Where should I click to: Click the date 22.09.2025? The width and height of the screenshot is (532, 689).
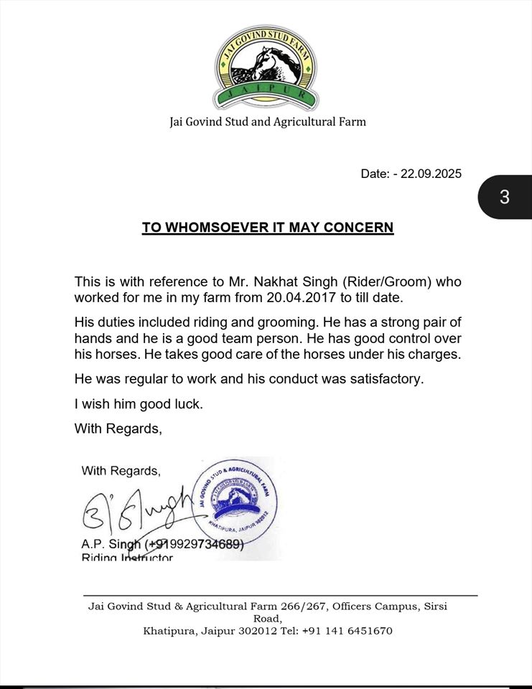click(x=431, y=174)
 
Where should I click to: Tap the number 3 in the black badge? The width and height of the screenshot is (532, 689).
click(x=505, y=197)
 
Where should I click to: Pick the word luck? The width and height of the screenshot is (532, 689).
click(x=189, y=404)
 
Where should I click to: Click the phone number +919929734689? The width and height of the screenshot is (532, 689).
click(x=195, y=545)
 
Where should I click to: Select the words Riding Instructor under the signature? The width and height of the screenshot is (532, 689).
click(x=127, y=557)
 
